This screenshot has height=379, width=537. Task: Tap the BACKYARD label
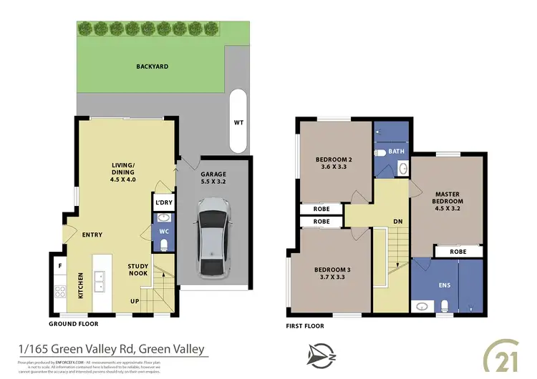152,67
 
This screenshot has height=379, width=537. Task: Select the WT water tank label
238,122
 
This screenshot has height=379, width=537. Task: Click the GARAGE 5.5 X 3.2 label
213,178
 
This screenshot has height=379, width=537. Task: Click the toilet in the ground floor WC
164,245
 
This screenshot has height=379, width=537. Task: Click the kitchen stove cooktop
61,292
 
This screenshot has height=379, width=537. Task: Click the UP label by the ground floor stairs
134,300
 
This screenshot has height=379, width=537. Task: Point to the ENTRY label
92,235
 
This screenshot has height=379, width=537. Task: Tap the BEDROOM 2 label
334,164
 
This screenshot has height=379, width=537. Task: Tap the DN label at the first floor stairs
398,222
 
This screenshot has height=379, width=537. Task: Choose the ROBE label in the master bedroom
458,252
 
